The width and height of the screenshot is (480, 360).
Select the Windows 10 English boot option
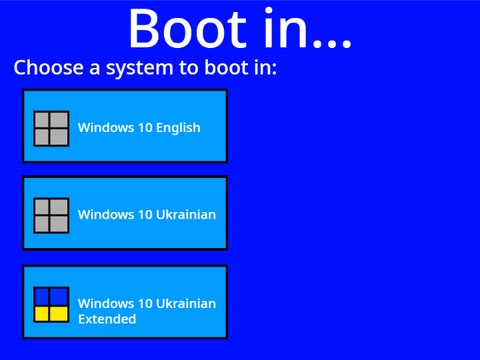tap(125, 126)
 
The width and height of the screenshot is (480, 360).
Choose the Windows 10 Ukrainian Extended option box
tap(125, 302)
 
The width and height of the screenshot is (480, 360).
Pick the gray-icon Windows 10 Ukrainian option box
tap(125, 213)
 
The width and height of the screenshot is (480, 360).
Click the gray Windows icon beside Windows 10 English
tap(51, 129)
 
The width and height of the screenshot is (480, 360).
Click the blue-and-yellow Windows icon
tap(51, 305)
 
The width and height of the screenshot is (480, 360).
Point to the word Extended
tap(107, 319)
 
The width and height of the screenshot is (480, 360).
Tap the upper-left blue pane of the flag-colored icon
tap(42, 297)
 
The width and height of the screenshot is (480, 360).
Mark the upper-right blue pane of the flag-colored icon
tap(59, 297)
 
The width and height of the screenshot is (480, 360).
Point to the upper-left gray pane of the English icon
tap(42, 121)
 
